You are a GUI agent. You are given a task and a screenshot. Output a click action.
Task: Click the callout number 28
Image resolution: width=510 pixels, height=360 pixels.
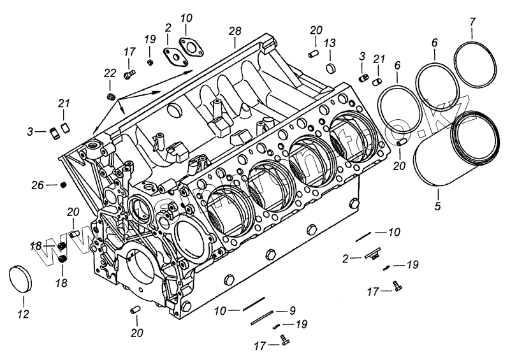(235, 32)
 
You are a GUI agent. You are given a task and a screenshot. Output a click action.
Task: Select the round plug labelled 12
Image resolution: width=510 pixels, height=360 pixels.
(24, 279)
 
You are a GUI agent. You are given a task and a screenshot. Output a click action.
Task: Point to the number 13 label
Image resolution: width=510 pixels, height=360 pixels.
(330, 43)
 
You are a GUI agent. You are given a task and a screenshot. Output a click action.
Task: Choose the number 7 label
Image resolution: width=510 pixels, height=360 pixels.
(472, 22)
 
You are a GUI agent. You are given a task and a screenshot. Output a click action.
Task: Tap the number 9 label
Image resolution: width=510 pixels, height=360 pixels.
(292, 310)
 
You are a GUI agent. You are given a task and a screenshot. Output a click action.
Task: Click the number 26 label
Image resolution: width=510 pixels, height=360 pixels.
(38, 185)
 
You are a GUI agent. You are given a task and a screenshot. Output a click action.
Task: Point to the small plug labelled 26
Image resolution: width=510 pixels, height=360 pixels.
(64, 185)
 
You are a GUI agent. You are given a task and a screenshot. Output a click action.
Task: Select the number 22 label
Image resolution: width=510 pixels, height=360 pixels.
(110, 73)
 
